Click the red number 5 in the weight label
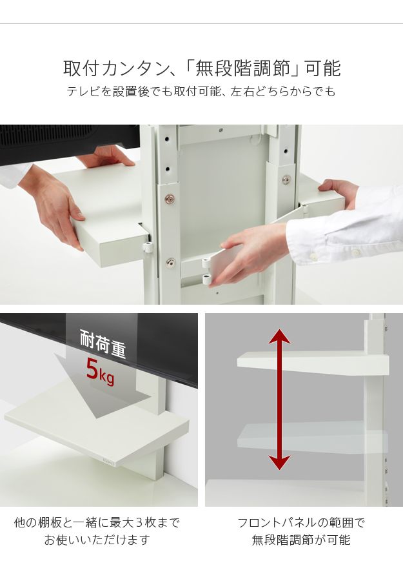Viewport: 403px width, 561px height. point(92,369)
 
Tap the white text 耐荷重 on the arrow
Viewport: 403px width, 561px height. point(103,344)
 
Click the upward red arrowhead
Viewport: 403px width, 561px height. point(279,337)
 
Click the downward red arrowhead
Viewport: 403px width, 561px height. point(279,462)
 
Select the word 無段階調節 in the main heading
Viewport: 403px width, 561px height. point(242,68)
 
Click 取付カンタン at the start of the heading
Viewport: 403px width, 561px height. point(116,68)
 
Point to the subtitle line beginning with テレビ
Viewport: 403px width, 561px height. point(201,91)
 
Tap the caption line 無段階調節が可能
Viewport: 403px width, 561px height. point(301,540)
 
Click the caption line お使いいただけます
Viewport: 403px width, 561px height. point(97,540)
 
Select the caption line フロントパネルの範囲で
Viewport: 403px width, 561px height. point(301,523)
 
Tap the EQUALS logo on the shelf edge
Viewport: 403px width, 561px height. point(108,462)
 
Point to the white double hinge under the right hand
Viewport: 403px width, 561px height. point(206,272)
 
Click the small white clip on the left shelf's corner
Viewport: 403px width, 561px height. point(148,247)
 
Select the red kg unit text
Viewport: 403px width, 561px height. point(106,378)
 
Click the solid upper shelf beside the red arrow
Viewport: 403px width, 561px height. point(313,363)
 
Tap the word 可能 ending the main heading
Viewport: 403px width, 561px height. point(322,68)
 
